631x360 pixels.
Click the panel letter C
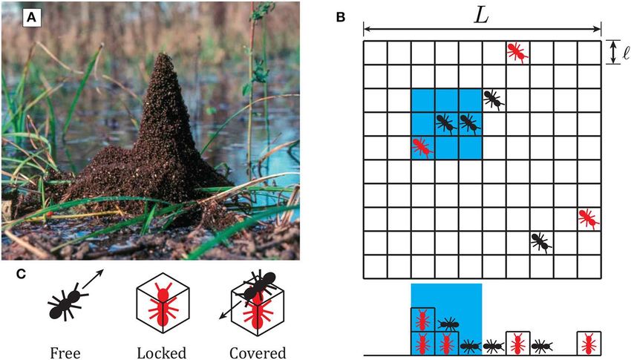click(x=23, y=273)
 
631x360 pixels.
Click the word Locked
click(x=161, y=351)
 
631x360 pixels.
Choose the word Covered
click(x=255, y=351)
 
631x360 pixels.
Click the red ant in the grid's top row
click(x=517, y=52)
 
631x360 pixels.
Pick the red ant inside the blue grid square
click(x=422, y=147)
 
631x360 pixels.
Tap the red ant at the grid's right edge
click(x=588, y=218)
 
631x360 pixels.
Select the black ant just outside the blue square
click(x=493, y=99)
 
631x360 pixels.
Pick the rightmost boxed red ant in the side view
click(x=588, y=343)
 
